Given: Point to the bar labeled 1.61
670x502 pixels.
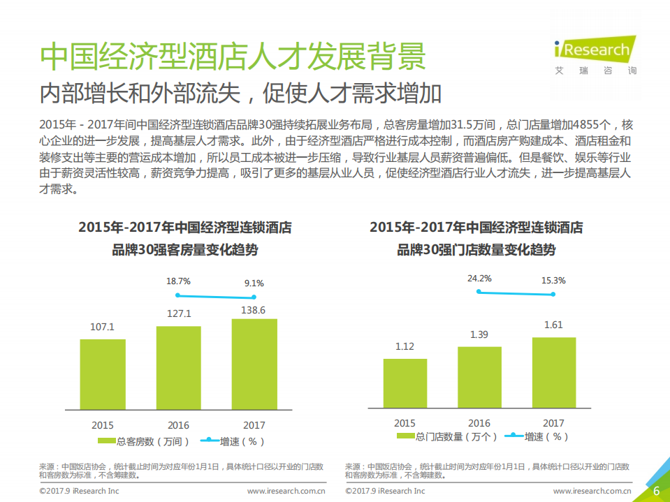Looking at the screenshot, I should (553, 374).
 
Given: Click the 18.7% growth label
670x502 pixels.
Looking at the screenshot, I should (178, 282).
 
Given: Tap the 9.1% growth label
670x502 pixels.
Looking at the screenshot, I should (254, 283).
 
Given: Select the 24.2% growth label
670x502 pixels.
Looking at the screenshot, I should (479, 278).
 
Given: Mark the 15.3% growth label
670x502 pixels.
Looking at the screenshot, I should (553, 280).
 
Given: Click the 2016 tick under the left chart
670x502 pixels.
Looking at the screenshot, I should (178, 425).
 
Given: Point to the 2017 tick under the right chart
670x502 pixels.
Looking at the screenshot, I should (553, 423).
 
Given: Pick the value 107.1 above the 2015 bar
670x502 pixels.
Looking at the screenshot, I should (103, 327).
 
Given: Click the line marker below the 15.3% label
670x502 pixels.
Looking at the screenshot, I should (553, 295).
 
